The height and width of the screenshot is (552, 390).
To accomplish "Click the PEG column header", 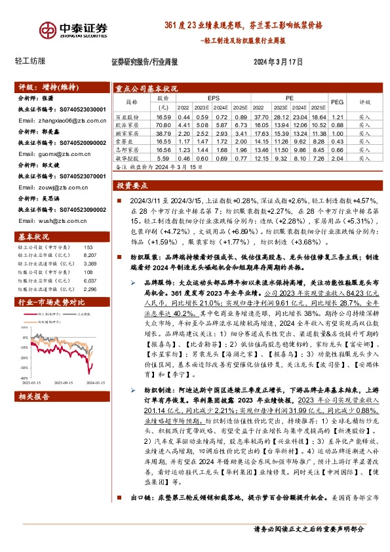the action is pyautogui.click(x=337, y=102).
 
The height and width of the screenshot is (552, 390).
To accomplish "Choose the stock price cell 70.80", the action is pyautogui.click(x=163, y=125).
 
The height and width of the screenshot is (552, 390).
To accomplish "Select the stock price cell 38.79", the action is pyautogui.click(x=163, y=132).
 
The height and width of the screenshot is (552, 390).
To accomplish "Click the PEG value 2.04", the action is pyautogui.click(x=337, y=159).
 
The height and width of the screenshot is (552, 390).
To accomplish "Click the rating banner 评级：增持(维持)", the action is pyautogui.click(x=39, y=87).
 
